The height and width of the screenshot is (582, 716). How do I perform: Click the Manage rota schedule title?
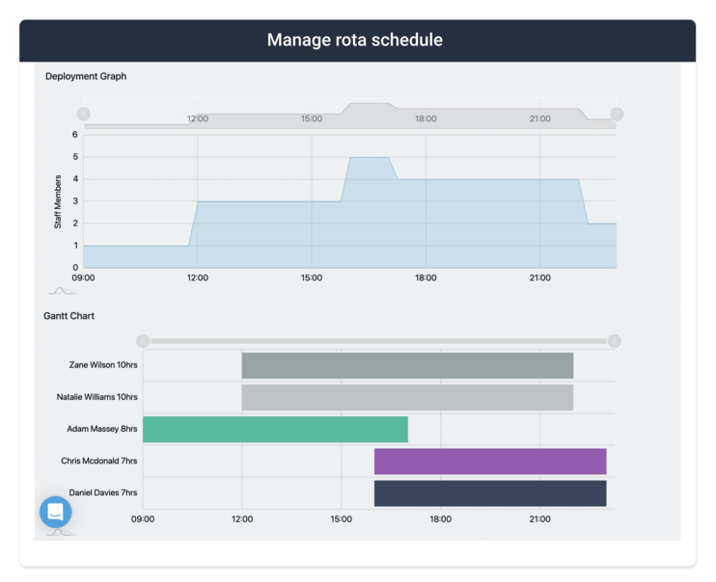pos(355,40)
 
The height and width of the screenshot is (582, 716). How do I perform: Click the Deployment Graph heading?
pos(86,76)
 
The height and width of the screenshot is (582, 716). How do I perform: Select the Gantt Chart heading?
pos(69,316)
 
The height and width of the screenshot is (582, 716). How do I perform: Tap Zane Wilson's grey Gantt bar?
pos(407,366)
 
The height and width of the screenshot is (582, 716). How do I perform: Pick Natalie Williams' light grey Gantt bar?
pos(407,397)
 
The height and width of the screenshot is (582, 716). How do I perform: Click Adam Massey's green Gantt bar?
pos(275,430)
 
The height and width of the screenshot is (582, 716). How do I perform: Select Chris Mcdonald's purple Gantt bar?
pos(490,462)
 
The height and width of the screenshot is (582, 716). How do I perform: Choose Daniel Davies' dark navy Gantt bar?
pos(490,493)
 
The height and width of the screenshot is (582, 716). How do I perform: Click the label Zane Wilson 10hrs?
pos(103,366)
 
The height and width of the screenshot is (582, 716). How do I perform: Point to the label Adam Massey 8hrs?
pos(102,429)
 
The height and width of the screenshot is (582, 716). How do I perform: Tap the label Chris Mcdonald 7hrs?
pos(99,462)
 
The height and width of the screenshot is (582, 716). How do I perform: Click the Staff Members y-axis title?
pos(58,201)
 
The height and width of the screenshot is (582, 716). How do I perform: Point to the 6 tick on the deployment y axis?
pos(74,135)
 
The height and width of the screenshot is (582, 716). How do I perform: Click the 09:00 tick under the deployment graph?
pos(84,278)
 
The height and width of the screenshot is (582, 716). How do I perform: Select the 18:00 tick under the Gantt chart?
pos(440,518)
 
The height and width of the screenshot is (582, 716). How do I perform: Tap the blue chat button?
pos(56,512)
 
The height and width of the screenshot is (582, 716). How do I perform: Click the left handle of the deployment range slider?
pos(84,114)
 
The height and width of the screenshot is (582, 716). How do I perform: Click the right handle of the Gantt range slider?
pos(615,341)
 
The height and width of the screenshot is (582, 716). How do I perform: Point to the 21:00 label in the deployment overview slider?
pos(539,119)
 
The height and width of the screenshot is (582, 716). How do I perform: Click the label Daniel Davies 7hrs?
pos(103,492)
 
